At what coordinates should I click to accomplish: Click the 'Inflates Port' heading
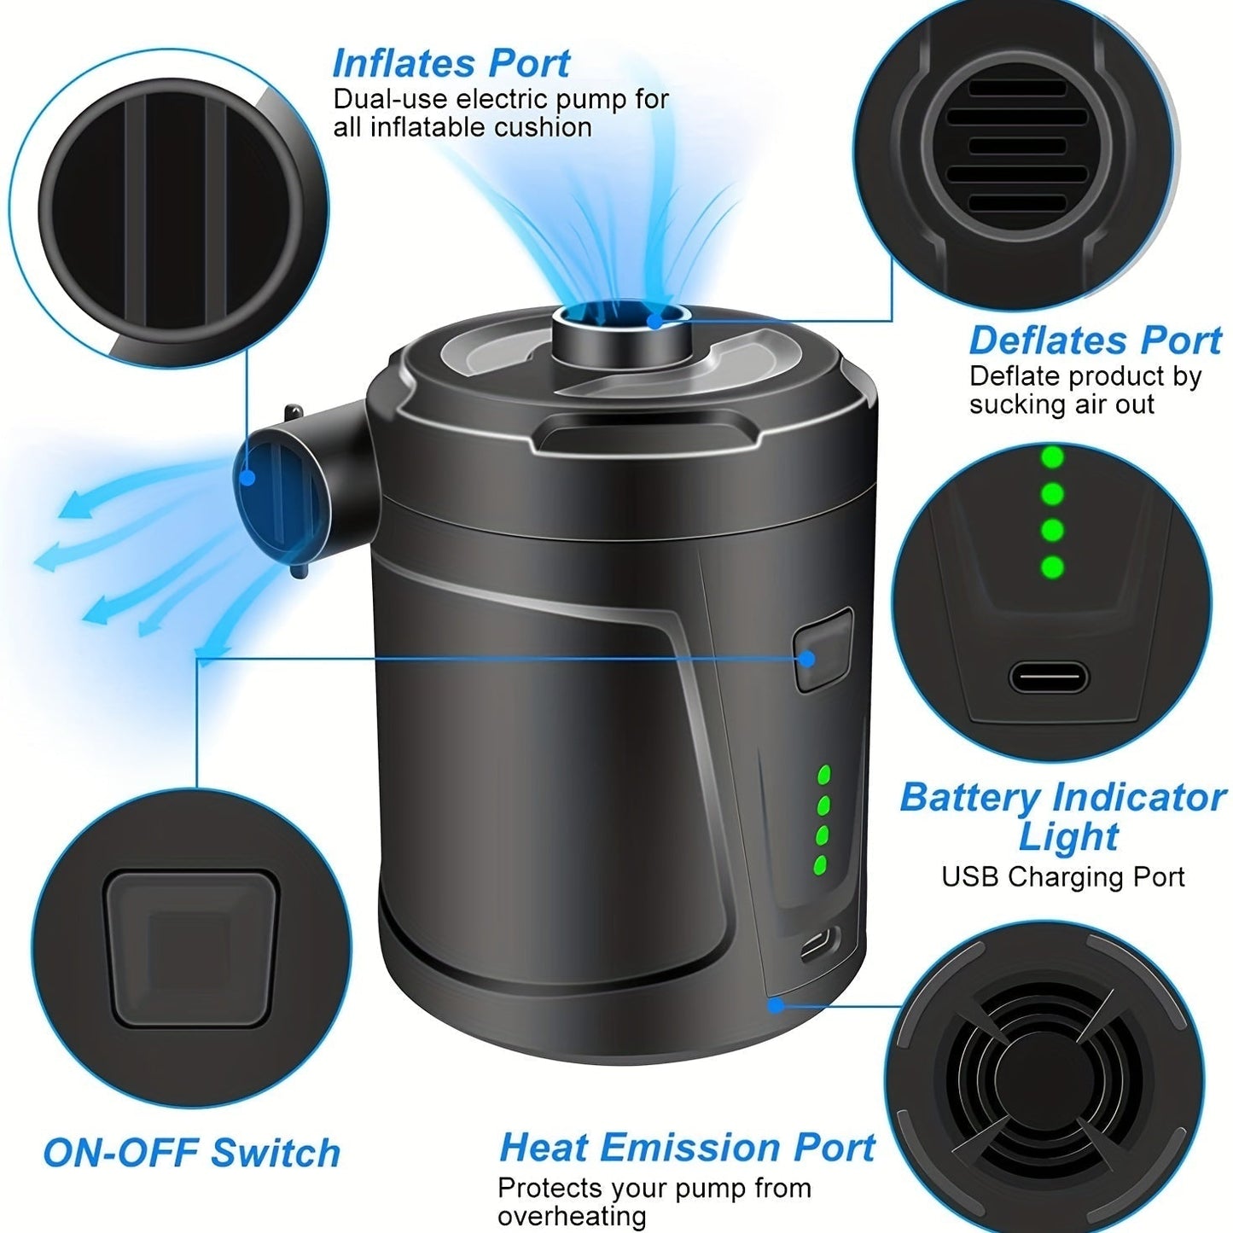coord(451,64)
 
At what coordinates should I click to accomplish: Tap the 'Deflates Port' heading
coord(1095,340)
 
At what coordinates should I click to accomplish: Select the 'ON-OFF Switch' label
coord(191,1153)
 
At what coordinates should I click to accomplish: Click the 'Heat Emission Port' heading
coord(687,1148)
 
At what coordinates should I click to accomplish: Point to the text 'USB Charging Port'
coord(1063,877)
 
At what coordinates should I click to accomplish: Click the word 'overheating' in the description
coord(572,1216)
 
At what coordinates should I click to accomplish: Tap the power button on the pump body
coord(823,648)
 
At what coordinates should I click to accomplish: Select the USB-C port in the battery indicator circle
coord(1049,679)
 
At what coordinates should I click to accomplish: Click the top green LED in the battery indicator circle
coord(1053,458)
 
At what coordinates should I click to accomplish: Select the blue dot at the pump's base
coord(776,1005)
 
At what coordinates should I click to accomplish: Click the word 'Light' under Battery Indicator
coord(1067,837)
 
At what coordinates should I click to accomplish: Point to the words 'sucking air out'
coord(1061,404)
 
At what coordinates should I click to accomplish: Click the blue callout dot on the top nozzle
coord(654,322)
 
